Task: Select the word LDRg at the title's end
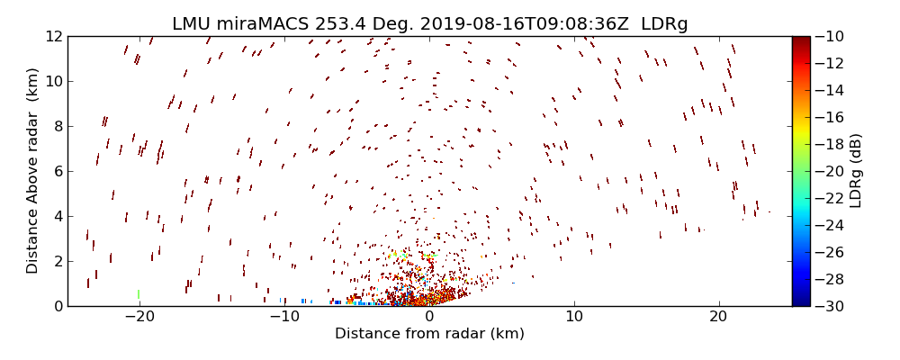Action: [664, 24]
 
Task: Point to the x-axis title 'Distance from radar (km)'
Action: [429, 334]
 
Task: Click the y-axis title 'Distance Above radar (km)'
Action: [33, 171]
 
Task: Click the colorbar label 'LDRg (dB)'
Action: [856, 171]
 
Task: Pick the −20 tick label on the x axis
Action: [139, 317]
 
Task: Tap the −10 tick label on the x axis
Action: [284, 317]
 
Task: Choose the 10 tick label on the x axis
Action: [574, 317]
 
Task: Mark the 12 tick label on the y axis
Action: [53, 37]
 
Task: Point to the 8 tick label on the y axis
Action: [57, 127]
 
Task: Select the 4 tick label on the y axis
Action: [57, 216]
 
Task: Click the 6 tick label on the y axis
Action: [57, 171]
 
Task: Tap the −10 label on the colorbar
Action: [830, 37]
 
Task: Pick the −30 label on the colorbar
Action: [830, 306]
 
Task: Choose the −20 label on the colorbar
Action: [830, 171]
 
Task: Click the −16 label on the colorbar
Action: [830, 117]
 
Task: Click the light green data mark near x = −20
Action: [139, 293]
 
